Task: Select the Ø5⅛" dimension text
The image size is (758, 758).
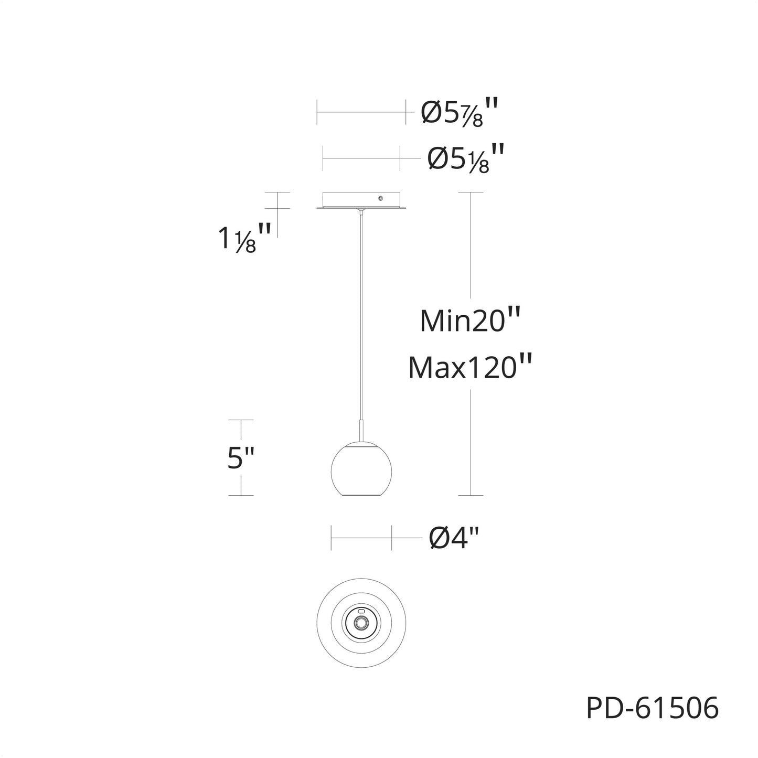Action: [x=465, y=158]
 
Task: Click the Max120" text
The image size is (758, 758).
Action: [x=470, y=367]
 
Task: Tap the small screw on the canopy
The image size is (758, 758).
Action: [x=380, y=199]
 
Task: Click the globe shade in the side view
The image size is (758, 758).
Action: [x=362, y=470]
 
